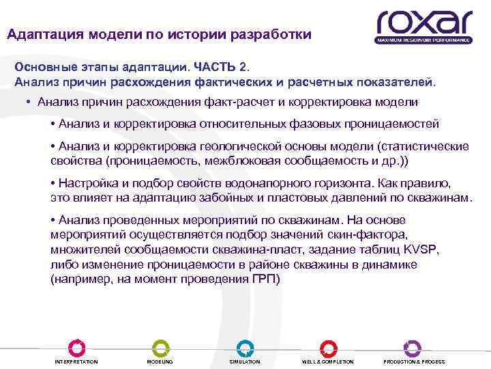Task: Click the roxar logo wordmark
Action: (423, 22)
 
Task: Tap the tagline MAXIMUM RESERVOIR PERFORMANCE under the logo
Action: (423, 40)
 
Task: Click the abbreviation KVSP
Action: (423, 250)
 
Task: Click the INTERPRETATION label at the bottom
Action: (76, 361)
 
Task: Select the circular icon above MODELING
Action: (160, 347)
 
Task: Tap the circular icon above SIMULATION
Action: (244, 347)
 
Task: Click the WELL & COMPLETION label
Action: (328, 361)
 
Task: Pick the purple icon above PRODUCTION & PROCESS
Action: (413, 347)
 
